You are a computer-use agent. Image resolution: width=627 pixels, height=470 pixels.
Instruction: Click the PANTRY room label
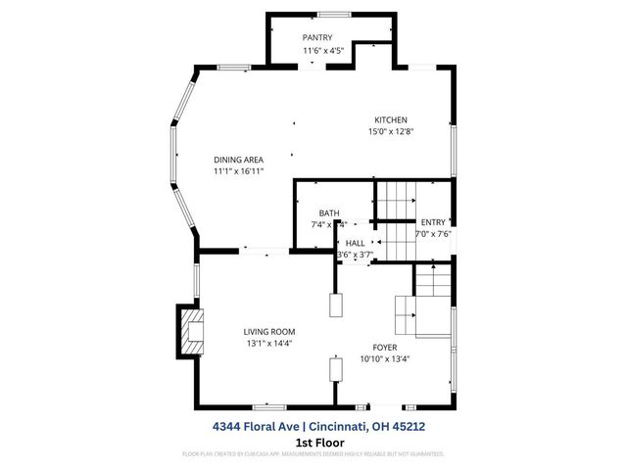316,38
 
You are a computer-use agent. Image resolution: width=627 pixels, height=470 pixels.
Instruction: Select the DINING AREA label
239,160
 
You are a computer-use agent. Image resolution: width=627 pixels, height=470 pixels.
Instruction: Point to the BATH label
329,212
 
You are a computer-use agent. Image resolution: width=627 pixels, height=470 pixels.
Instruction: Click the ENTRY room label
432,222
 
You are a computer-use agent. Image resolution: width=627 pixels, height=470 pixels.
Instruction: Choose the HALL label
355,242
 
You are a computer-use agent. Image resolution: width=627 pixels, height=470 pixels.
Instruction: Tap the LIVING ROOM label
268,332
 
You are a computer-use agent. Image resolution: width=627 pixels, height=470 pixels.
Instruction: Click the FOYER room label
385,347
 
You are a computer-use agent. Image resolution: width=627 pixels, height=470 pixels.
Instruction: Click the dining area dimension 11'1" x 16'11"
239,171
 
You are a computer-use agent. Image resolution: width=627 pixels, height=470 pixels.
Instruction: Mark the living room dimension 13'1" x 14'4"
268,344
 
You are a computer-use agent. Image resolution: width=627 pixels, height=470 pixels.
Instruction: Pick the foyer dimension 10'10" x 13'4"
385,358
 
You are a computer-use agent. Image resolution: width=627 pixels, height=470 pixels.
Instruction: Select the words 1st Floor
313,442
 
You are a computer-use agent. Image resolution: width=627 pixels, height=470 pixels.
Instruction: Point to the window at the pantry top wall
330,13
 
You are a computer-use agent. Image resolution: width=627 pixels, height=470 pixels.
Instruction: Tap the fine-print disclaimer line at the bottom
313,454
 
